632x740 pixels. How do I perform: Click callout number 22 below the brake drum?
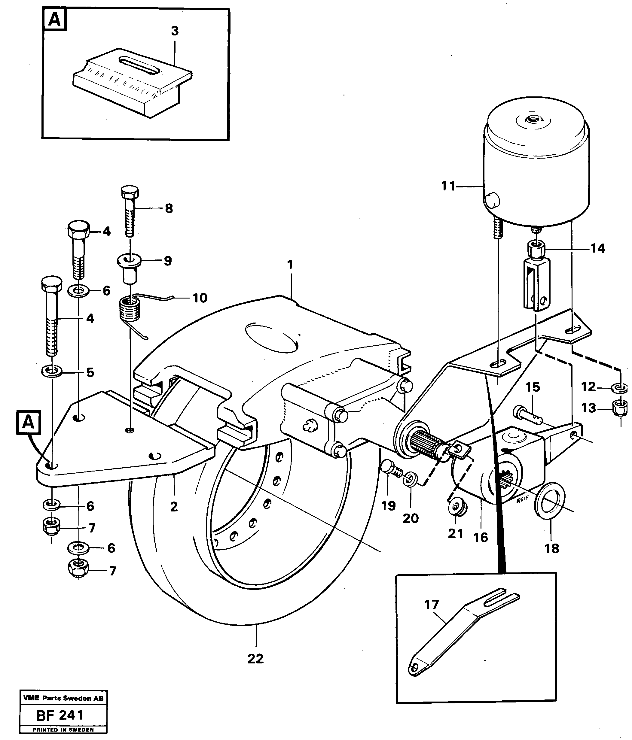[255, 658]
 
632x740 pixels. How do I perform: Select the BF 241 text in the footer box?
[60, 715]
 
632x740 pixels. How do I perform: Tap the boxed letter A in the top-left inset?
[54, 19]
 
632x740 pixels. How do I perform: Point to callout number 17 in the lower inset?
[432, 604]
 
